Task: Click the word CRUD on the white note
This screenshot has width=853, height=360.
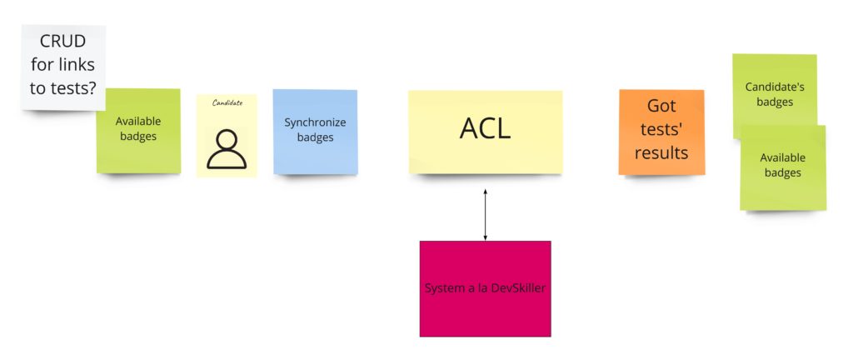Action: (x=63, y=42)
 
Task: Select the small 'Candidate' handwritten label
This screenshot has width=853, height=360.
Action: (x=227, y=102)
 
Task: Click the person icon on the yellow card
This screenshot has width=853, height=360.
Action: (x=227, y=148)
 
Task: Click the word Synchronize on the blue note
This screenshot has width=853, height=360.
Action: (x=315, y=122)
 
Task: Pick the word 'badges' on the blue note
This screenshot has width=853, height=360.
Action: (x=316, y=137)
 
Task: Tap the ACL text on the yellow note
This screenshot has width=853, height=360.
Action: (x=486, y=128)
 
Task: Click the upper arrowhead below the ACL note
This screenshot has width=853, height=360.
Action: (x=486, y=192)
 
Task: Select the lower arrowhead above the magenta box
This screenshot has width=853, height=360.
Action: (x=486, y=237)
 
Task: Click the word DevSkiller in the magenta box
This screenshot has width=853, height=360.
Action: (x=518, y=287)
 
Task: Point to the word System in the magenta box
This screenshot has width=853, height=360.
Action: (x=441, y=287)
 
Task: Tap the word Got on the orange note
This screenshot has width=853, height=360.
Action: (x=661, y=106)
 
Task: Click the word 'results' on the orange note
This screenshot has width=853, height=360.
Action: (x=661, y=152)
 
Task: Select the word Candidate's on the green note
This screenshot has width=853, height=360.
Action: (x=775, y=87)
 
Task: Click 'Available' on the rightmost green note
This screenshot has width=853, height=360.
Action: (x=783, y=157)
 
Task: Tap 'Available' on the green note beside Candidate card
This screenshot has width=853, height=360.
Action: (x=138, y=122)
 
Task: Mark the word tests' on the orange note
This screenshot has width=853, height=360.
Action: (x=661, y=129)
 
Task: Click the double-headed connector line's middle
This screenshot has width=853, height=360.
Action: (x=486, y=215)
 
